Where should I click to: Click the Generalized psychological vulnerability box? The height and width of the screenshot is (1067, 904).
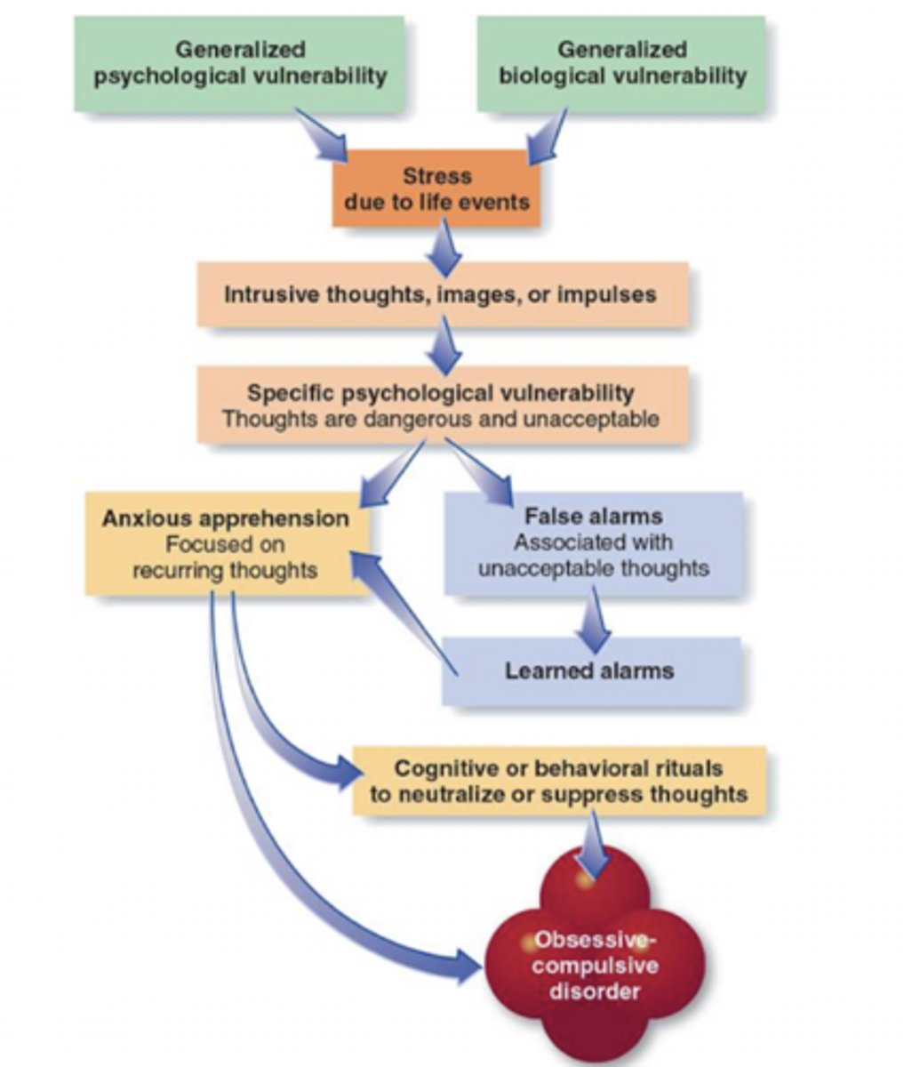coord(240,63)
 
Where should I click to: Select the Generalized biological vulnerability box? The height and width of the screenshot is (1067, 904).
coord(621,63)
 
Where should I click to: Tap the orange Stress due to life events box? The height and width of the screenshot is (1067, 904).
coord(436,189)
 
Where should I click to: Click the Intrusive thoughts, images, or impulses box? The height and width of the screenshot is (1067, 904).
coord(442,294)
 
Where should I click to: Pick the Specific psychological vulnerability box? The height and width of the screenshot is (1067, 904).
coord(442,405)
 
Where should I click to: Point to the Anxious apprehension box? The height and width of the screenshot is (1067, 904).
coord(226,543)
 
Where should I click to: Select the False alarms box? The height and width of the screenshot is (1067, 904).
coord(593,542)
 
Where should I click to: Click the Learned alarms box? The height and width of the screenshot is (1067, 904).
coord(590,670)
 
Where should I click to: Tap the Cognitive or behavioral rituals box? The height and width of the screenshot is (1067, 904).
coord(559,781)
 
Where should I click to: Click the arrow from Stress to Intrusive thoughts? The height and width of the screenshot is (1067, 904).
coord(444,248)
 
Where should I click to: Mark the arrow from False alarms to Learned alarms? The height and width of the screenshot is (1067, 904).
coord(593,623)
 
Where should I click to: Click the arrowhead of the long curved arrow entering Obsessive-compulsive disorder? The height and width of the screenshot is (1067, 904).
coord(467,965)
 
